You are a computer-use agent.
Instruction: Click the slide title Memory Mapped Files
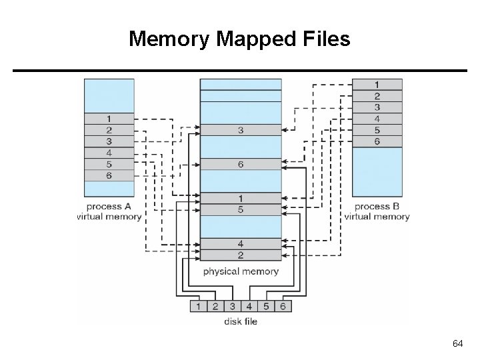point(239,39)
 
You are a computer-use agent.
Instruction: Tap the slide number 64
point(457,343)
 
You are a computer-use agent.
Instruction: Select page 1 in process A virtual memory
point(109,119)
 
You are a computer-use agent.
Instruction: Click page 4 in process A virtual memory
point(109,153)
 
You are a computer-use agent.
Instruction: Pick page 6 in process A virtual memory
point(109,175)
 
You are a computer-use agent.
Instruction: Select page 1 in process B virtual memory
point(377,85)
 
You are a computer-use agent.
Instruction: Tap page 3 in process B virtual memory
point(377,107)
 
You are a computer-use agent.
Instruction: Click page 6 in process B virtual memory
point(377,141)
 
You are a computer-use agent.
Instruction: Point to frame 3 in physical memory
point(241,130)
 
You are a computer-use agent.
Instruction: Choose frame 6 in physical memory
point(241,164)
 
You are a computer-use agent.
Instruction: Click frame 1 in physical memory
point(241,198)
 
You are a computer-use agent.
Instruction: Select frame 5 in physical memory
point(241,209)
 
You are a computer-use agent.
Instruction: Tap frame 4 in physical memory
point(241,243)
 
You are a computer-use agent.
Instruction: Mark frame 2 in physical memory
point(241,255)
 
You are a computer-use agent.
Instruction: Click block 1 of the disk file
point(199,306)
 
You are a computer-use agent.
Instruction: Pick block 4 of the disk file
point(249,306)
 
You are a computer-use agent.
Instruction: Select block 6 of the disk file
point(283,306)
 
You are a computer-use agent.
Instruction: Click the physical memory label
point(241,271)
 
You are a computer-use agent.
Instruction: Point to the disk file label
point(241,321)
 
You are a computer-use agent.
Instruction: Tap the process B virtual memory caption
point(377,211)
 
